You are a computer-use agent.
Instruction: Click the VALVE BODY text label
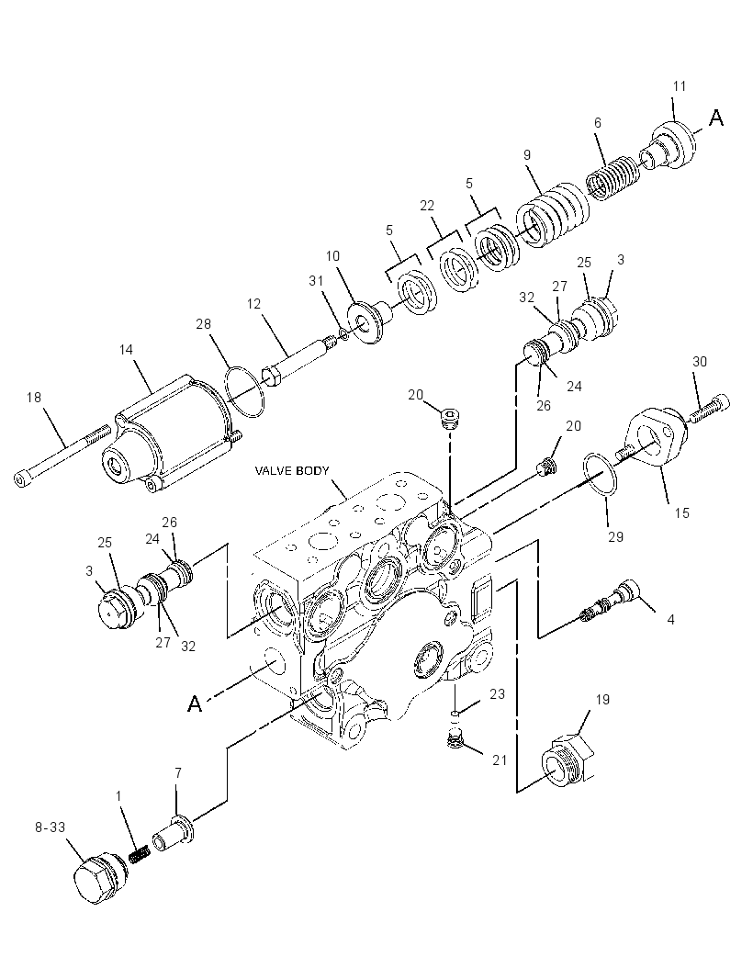(292, 471)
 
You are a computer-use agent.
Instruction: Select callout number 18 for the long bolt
(34, 398)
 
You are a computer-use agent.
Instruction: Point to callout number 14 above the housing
(126, 350)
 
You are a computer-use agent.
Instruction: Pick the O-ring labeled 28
(245, 393)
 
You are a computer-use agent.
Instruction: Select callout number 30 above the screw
(700, 362)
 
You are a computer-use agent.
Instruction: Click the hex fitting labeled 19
(564, 759)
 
